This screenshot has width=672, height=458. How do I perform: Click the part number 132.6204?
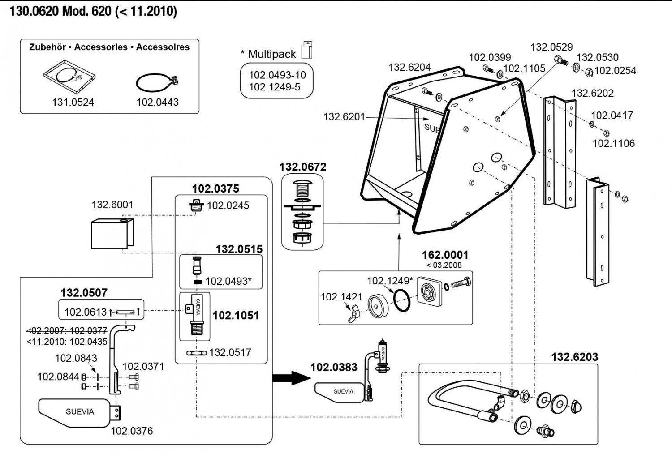coord(409,67)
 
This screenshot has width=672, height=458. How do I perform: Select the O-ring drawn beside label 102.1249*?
coord(402,300)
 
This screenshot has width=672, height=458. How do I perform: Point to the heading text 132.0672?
coord(303,167)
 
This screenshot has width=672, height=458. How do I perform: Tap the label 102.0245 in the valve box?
coord(228,205)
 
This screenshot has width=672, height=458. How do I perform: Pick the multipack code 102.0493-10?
coord(277,75)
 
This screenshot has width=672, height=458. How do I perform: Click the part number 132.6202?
coord(592,93)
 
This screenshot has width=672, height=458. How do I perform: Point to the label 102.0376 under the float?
coord(132,431)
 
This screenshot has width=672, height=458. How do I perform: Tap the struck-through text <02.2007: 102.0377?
coord(67,331)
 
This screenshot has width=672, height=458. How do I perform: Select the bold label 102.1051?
coord(236,315)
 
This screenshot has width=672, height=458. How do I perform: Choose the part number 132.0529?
coord(551,47)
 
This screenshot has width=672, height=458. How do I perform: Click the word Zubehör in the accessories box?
coord(47,47)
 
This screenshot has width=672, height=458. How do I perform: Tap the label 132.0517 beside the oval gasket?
coord(230,352)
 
